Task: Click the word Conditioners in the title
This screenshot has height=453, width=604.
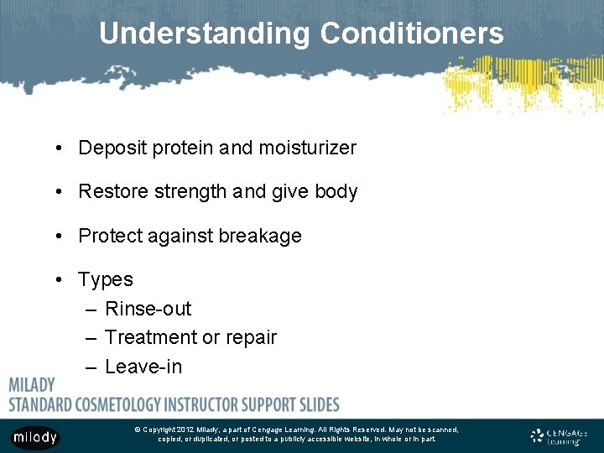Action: coord(412,34)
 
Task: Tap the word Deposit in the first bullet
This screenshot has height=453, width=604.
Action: coord(112,148)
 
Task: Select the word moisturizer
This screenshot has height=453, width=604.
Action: coord(306,148)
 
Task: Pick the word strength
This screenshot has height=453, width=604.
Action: coord(190,192)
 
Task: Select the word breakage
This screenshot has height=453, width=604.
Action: coord(261,237)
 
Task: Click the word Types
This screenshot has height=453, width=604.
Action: coord(106,279)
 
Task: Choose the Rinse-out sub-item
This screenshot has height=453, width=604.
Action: coord(148,309)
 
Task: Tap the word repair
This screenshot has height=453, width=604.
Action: coord(251,337)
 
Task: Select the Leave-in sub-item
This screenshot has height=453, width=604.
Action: coord(143,367)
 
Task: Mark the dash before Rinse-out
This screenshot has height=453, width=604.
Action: coord(91,309)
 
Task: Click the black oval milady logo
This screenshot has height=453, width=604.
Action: coord(35,437)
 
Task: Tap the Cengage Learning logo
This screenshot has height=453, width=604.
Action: coord(560,436)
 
